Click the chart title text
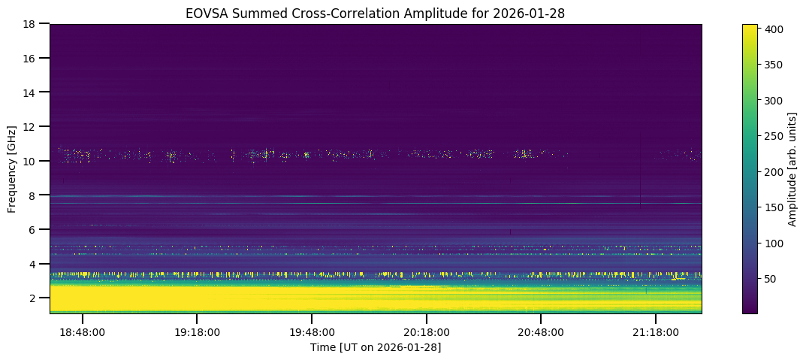(376, 13)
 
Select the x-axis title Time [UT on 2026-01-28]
(376, 346)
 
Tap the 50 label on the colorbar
(771, 279)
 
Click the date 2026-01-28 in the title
(538, 13)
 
